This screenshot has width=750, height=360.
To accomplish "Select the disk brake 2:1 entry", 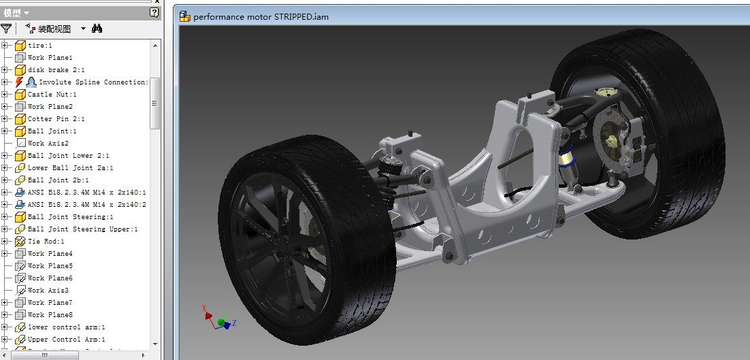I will [56, 70].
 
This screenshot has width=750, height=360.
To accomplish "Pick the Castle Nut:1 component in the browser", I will [52, 95].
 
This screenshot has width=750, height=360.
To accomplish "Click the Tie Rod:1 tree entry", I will [46, 242].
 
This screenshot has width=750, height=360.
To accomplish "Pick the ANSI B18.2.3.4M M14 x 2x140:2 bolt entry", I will [86, 205].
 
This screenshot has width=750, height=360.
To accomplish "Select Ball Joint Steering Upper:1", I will [82, 229].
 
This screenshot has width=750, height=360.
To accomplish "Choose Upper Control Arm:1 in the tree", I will [66, 340].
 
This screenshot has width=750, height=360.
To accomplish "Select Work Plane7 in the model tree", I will [50, 303].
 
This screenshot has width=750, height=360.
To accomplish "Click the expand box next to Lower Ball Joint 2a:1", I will [5, 168].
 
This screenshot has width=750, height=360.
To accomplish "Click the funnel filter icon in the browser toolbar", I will [6, 29].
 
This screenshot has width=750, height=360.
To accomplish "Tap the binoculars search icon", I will [97, 29].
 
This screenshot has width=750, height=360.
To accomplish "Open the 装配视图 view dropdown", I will [83, 29].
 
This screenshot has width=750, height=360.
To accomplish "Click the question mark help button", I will [154, 12].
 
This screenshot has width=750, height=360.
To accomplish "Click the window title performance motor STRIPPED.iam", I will [261, 16].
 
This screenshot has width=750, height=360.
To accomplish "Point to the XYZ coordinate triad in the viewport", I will [219, 321].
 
